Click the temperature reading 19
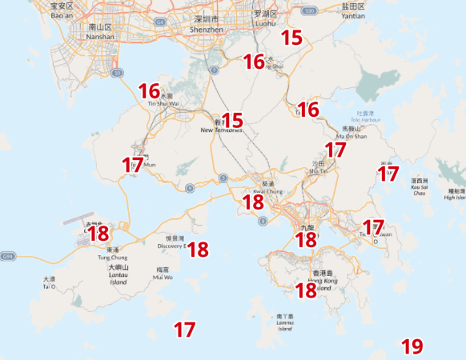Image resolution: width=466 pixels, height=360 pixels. (412, 346)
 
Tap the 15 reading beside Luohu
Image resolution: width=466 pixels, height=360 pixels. (291, 37)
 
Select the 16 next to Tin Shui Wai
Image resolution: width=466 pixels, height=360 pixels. (149, 91)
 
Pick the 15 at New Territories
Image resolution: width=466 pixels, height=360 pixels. (232, 121)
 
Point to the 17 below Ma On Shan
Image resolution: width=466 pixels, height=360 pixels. (335, 149)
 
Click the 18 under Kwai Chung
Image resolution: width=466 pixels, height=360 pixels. (253, 202)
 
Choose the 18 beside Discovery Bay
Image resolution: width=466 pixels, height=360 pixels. (198, 250)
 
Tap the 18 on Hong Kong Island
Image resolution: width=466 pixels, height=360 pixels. (306, 290)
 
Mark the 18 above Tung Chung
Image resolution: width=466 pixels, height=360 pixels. (98, 234)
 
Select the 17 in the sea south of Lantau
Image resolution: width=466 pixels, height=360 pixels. (185, 329)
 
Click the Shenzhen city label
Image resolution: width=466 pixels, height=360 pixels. (208, 24)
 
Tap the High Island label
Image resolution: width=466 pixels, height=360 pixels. (456, 197)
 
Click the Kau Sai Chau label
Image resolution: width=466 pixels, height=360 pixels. (419, 187)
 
